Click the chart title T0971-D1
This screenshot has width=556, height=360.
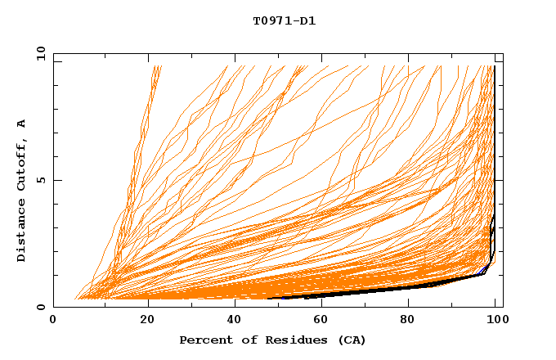tap(284, 21)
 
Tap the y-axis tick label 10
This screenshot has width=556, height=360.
tap(40, 53)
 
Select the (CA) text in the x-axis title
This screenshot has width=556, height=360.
tap(350, 340)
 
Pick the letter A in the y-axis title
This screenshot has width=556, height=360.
tap(22, 124)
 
